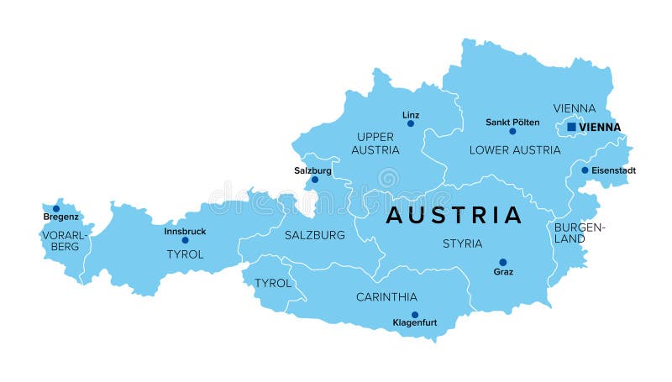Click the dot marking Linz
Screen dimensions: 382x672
411,123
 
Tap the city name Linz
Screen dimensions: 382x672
411,114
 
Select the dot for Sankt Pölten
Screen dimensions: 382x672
512,131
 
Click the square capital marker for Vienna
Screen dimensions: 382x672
571,127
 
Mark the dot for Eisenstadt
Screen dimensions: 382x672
585,170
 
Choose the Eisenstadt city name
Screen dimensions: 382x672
614,170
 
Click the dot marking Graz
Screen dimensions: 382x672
503,262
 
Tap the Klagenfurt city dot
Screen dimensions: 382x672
415,315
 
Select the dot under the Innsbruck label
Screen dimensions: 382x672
185,240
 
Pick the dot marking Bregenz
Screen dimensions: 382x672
56,208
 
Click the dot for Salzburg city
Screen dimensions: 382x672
315,179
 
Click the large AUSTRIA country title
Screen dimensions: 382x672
454,216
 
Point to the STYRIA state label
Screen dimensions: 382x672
462,243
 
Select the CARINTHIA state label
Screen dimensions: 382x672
386,297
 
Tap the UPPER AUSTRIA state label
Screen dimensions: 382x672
375,144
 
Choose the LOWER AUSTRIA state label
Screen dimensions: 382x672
514,150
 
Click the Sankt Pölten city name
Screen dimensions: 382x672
512,122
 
